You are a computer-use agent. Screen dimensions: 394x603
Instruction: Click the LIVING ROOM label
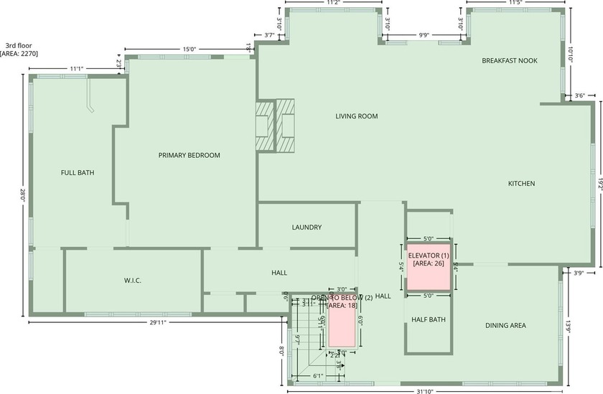[x=356, y=116]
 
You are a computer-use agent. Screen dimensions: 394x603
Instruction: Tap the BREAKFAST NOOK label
[x=510, y=61]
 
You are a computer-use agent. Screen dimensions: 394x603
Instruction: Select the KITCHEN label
[x=521, y=184]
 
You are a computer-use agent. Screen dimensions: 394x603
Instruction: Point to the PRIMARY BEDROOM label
[x=189, y=155]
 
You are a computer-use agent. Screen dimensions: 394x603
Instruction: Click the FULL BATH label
[x=78, y=172]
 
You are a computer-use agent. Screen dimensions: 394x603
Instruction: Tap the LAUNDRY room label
[x=307, y=228]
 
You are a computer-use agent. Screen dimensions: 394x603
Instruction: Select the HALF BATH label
[x=429, y=320]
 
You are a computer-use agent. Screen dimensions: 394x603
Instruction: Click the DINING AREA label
[x=505, y=325]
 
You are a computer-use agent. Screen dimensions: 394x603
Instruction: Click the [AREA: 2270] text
[x=19, y=53]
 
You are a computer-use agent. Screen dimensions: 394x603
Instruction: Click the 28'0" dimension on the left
[x=22, y=194]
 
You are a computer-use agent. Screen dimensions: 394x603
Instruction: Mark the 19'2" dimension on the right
[x=599, y=184]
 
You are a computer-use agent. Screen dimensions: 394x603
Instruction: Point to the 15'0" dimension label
[x=190, y=50]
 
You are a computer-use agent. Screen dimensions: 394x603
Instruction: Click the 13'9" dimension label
[x=569, y=326]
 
